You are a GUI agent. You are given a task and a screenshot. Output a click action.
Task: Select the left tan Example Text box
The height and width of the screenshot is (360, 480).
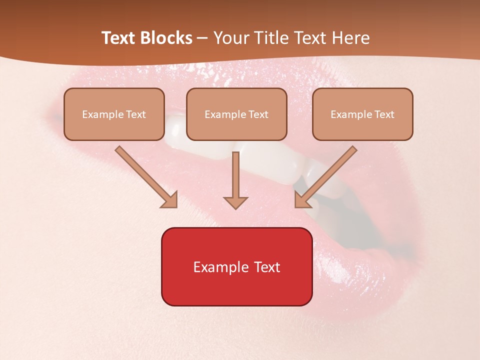[114, 114]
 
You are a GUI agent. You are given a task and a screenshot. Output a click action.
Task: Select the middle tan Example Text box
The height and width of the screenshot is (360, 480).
[236, 114]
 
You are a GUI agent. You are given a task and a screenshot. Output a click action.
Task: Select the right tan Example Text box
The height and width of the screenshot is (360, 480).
[362, 114]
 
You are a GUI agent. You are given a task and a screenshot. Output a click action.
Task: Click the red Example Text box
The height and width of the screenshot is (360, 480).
[236, 266]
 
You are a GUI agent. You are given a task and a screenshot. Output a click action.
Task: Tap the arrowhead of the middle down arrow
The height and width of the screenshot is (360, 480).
[235, 202]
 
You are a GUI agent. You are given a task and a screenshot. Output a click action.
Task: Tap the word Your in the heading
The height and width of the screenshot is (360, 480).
[229, 38]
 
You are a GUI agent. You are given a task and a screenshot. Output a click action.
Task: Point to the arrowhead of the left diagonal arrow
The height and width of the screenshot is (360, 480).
[170, 200]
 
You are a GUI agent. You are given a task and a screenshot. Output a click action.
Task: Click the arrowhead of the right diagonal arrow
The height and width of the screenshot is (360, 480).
[302, 200]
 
